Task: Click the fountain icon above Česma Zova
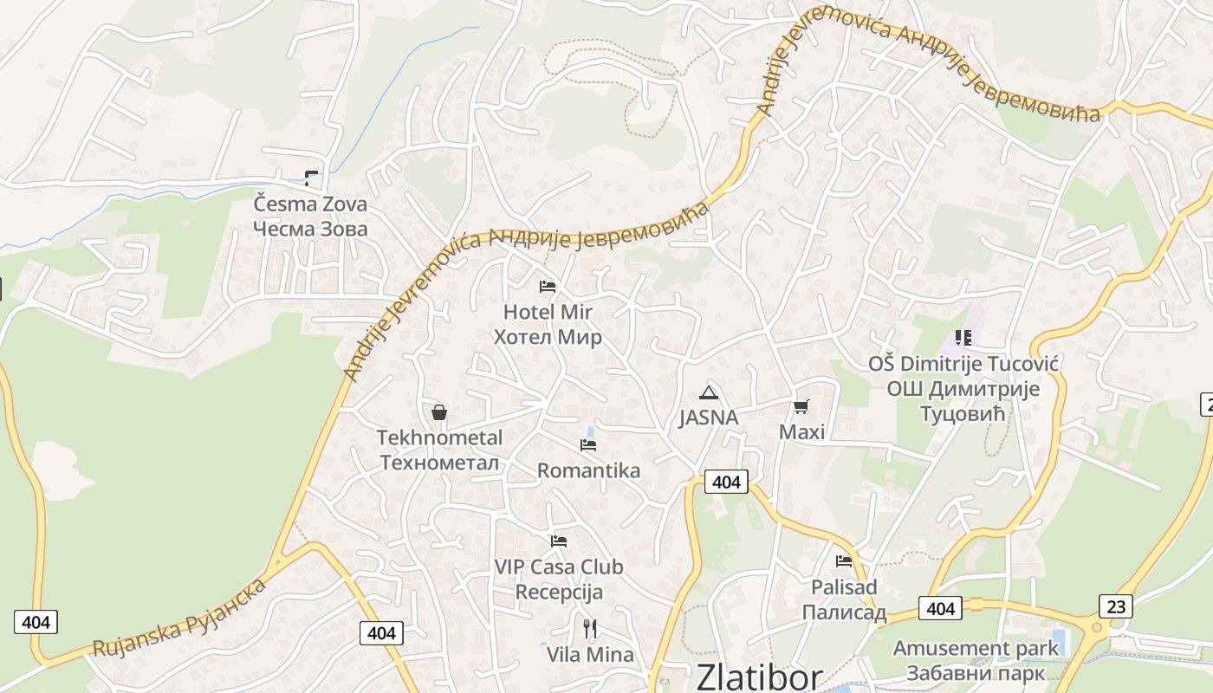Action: (x=311, y=178)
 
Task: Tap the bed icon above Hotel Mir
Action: (x=548, y=286)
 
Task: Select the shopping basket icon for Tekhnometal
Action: (x=439, y=412)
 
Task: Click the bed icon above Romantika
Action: (x=588, y=445)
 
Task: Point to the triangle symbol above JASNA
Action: (x=709, y=392)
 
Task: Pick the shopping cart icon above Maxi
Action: (x=801, y=406)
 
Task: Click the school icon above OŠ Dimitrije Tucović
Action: (x=963, y=337)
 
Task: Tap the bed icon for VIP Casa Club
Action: (x=559, y=541)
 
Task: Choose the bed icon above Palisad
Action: (x=844, y=561)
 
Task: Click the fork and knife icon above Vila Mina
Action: (x=590, y=628)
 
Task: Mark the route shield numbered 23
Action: (x=1116, y=606)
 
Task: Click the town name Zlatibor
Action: (x=759, y=677)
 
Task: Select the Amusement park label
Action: (x=976, y=648)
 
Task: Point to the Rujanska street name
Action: (x=135, y=636)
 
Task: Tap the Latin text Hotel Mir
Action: (x=548, y=312)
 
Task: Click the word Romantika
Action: (x=588, y=470)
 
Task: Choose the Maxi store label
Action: (x=802, y=431)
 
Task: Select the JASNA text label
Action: (x=709, y=418)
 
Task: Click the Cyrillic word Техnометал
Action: (x=439, y=463)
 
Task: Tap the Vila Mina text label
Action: (x=590, y=655)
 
